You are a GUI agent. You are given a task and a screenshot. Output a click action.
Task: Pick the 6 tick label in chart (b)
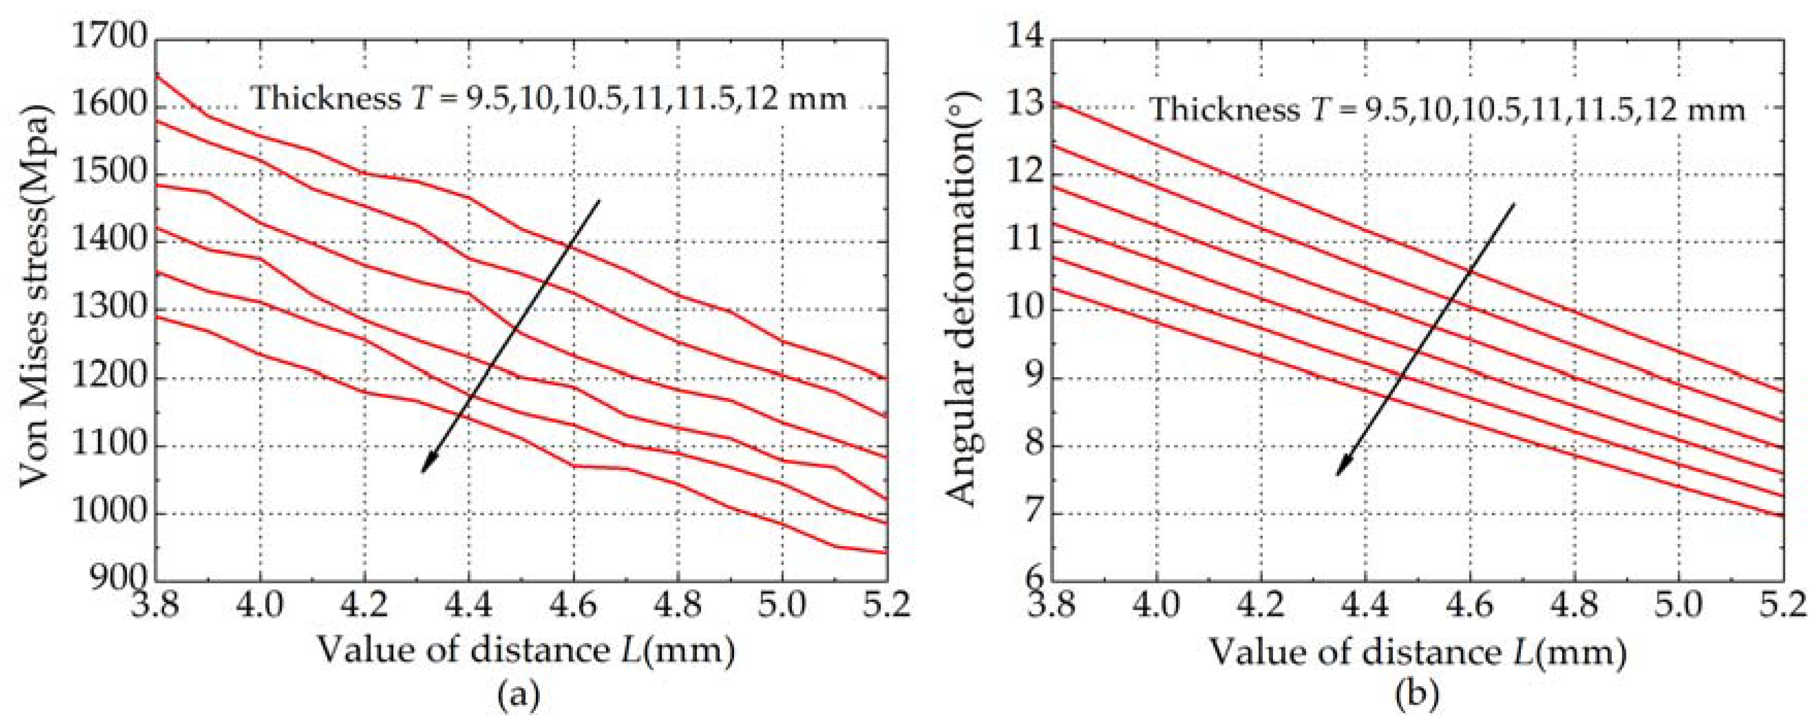point(1033,580)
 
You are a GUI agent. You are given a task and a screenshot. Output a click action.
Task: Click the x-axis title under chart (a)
point(525,649)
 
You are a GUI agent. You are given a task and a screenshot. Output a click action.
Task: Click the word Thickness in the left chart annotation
point(326,97)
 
